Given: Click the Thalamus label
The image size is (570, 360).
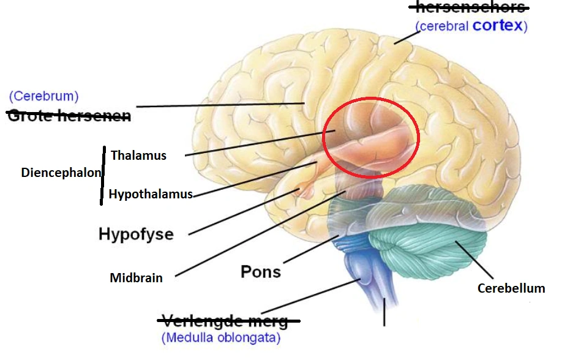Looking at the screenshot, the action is tap(138, 156).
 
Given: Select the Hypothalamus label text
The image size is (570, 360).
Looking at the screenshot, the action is tap(151, 195).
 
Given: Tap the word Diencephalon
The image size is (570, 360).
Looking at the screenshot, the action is tap(61, 173).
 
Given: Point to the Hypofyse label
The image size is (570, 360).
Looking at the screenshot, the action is tap(136, 234).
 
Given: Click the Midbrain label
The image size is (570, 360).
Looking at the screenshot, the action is tap(136, 278).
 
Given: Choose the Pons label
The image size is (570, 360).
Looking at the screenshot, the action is tap(261, 271).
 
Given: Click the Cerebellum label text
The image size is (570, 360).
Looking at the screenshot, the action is tap(511, 288).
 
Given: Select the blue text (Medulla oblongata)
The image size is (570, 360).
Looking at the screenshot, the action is tap(220, 337).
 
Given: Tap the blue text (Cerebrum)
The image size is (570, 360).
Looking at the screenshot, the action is tap(43, 96).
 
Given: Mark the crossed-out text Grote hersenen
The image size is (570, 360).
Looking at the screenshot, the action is tap(69, 115).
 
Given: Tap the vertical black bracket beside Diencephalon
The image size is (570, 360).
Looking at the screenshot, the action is tap(102, 174).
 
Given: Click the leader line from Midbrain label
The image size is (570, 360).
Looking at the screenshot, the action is tap(257, 236).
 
